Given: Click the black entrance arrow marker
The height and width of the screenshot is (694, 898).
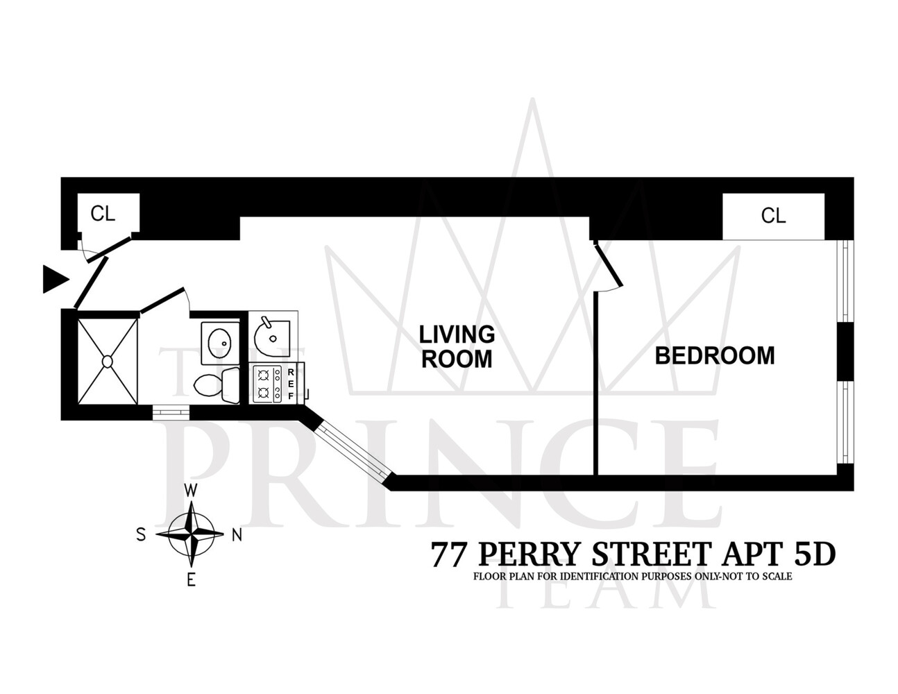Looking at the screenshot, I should point(55,279).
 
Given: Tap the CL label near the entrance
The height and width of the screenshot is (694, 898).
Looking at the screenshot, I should point(103,214).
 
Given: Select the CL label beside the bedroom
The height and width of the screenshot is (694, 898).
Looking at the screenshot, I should point(773,216).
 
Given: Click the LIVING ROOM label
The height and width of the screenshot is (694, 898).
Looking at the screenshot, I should point(457,346).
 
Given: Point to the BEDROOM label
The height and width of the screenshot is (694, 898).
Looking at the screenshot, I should point(715,355).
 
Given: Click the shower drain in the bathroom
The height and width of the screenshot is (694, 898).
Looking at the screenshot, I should point(108,361).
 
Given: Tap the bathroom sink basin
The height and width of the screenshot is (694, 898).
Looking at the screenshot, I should point(220,341).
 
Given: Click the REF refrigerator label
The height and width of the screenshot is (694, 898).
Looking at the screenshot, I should point(291,384).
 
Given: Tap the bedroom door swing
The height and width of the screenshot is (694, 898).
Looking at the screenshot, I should point(608,267).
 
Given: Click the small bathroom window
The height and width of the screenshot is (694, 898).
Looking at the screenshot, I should point(171,412).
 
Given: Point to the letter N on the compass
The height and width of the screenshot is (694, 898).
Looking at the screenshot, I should point(236,534).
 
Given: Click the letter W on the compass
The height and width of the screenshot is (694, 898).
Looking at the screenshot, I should point(191,491).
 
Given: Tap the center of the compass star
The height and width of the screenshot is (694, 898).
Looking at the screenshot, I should point(191,534).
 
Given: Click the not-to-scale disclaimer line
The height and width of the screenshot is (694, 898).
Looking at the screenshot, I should point(632,576).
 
